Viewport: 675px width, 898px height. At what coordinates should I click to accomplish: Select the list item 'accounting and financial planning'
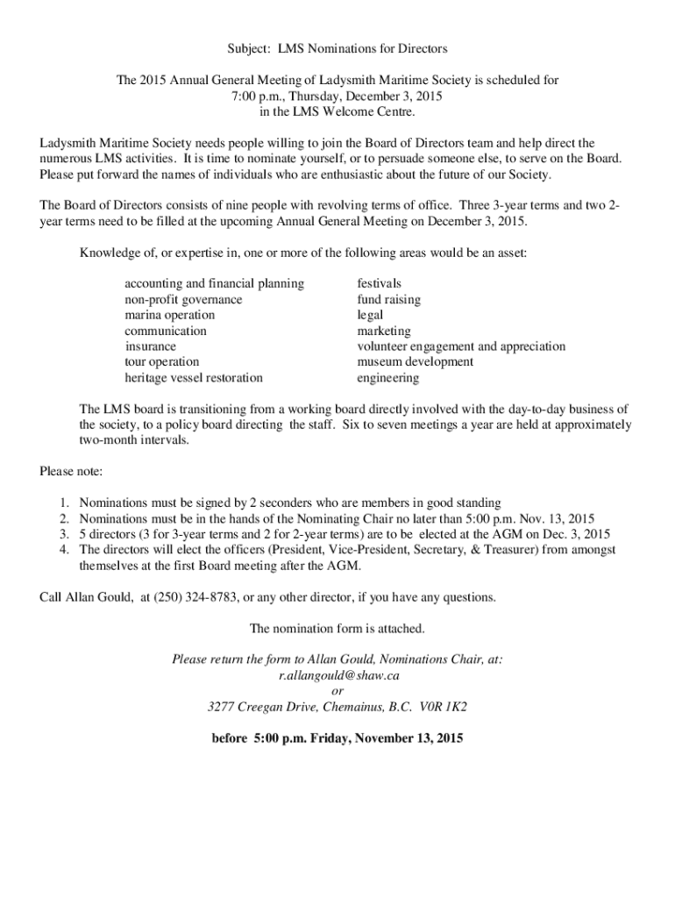click(215, 283)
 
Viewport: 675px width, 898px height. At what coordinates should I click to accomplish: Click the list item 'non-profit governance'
click(183, 299)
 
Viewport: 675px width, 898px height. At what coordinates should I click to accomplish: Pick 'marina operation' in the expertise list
click(169, 315)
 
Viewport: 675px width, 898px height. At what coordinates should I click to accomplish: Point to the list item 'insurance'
click(150, 346)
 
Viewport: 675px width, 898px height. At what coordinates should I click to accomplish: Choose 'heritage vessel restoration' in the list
click(194, 378)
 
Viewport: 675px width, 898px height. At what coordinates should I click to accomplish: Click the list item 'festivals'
click(380, 283)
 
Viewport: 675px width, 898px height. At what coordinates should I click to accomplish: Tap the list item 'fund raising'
click(388, 299)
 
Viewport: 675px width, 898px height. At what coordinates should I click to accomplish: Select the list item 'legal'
click(370, 315)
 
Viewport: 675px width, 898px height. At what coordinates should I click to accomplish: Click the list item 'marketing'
click(383, 331)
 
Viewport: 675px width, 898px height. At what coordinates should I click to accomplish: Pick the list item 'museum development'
click(416, 362)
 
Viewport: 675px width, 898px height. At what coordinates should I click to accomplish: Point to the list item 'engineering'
click(387, 378)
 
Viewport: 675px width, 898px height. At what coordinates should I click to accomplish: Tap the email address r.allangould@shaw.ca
click(338, 675)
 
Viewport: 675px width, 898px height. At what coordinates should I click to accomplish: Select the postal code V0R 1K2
click(443, 707)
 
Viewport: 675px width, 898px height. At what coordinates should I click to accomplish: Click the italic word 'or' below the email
click(337, 691)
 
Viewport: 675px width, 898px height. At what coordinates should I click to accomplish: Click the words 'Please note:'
click(72, 471)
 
